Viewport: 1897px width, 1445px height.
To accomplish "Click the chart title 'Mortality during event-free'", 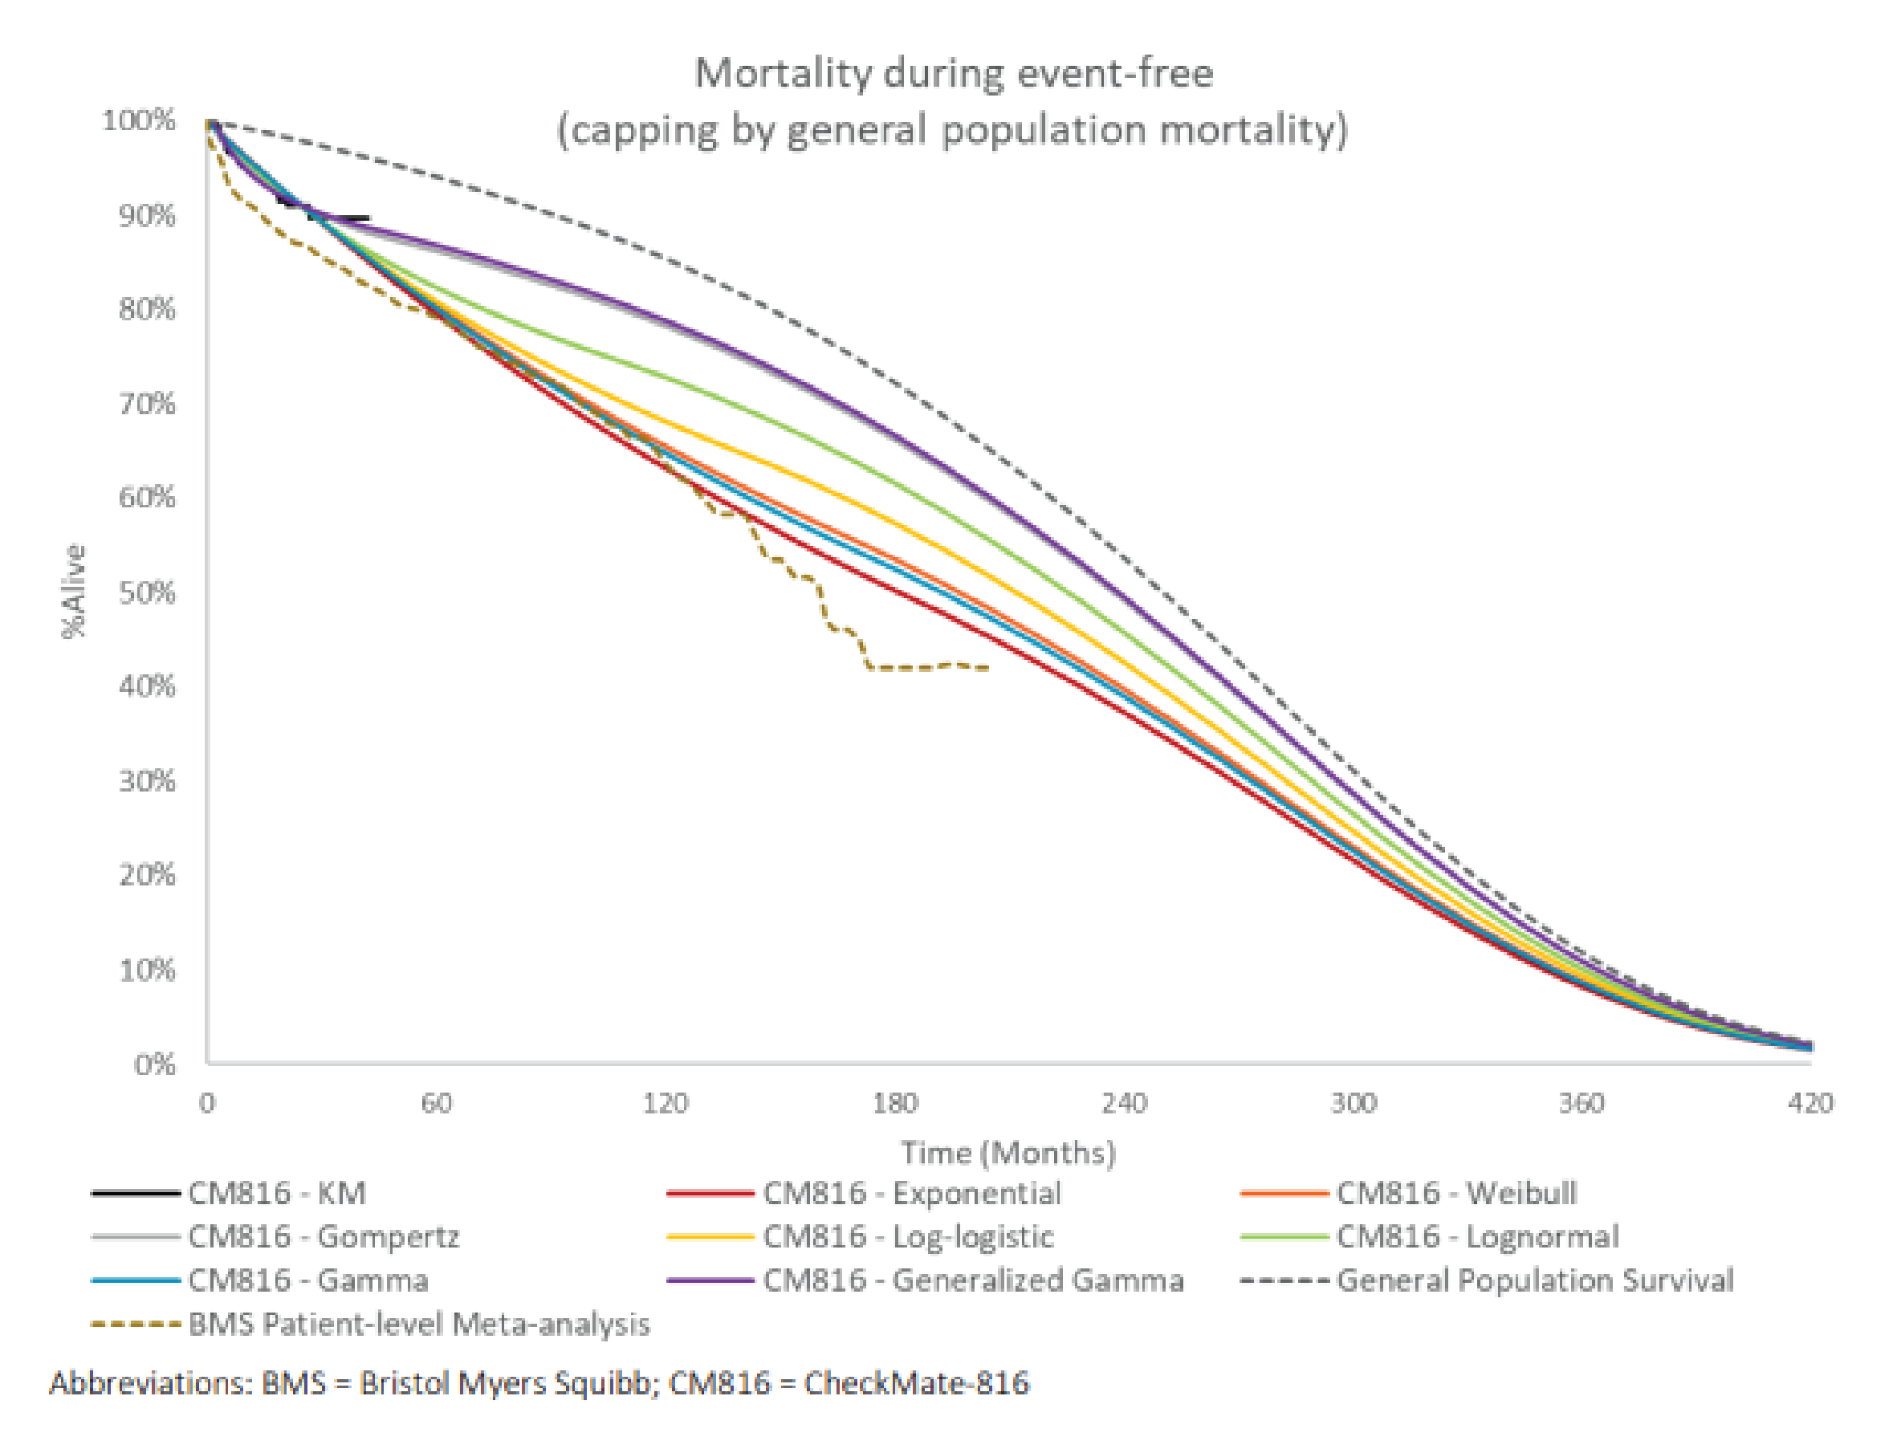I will (x=953, y=72).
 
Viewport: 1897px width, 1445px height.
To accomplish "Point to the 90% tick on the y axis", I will (x=147, y=215).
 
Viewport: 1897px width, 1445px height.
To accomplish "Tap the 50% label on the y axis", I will (x=147, y=592).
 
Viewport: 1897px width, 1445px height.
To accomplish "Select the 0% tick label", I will (x=155, y=1064).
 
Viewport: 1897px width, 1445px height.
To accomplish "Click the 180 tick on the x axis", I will (x=895, y=1103).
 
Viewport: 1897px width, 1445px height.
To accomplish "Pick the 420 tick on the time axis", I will (x=1810, y=1103).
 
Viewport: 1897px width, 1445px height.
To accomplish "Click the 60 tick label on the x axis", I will (x=436, y=1103).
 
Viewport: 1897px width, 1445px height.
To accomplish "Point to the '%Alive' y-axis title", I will (x=75, y=592).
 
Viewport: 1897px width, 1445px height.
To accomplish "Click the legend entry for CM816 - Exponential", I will (x=911, y=1194).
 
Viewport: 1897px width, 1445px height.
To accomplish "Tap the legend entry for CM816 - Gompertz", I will (x=324, y=1237).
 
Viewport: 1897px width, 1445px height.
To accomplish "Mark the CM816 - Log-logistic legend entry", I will (x=908, y=1237).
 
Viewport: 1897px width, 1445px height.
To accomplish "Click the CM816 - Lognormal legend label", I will (x=1476, y=1237).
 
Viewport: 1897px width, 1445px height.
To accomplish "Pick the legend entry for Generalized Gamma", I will (x=972, y=1280).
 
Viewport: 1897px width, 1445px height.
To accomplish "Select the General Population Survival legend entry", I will (x=1534, y=1280).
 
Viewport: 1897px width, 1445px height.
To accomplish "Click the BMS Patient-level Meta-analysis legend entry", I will (x=419, y=1325).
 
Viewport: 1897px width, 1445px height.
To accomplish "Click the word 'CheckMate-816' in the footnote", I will (x=916, y=1384).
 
